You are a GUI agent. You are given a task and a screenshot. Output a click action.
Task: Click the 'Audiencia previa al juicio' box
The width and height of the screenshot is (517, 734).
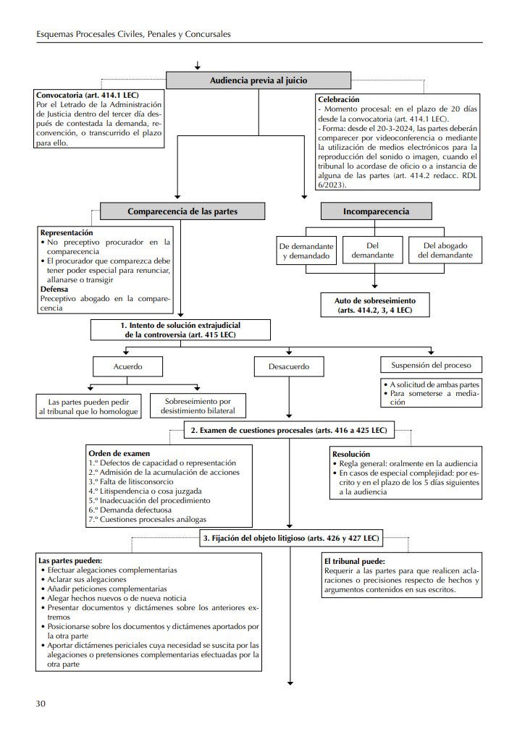point(258,80)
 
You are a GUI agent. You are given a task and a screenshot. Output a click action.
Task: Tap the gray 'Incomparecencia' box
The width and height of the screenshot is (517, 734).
point(376,211)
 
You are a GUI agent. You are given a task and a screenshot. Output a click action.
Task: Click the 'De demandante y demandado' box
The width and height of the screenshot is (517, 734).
point(305,250)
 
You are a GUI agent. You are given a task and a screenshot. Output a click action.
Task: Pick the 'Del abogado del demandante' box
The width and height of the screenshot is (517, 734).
point(443,250)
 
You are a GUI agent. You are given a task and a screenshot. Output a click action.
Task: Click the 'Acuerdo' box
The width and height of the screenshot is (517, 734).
point(127,366)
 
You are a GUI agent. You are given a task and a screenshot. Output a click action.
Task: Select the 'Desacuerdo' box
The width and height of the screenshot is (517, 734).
point(288,367)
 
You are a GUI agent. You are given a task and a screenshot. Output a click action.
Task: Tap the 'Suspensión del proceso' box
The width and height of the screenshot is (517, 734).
point(431,365)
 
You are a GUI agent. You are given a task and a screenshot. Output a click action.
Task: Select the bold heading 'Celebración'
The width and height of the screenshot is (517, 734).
point(339,99)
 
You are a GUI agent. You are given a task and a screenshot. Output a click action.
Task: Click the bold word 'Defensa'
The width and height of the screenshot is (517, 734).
point(55,288)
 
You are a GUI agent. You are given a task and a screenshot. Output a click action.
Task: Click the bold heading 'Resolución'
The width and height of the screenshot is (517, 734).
point(350,454)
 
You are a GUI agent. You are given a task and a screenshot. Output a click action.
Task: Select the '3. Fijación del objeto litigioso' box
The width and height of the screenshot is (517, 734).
point(290,538)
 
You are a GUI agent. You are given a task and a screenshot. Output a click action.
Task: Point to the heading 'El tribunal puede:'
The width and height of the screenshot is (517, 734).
point(355,561)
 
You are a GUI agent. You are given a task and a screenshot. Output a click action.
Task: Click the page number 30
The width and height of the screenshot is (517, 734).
point(42,703)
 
